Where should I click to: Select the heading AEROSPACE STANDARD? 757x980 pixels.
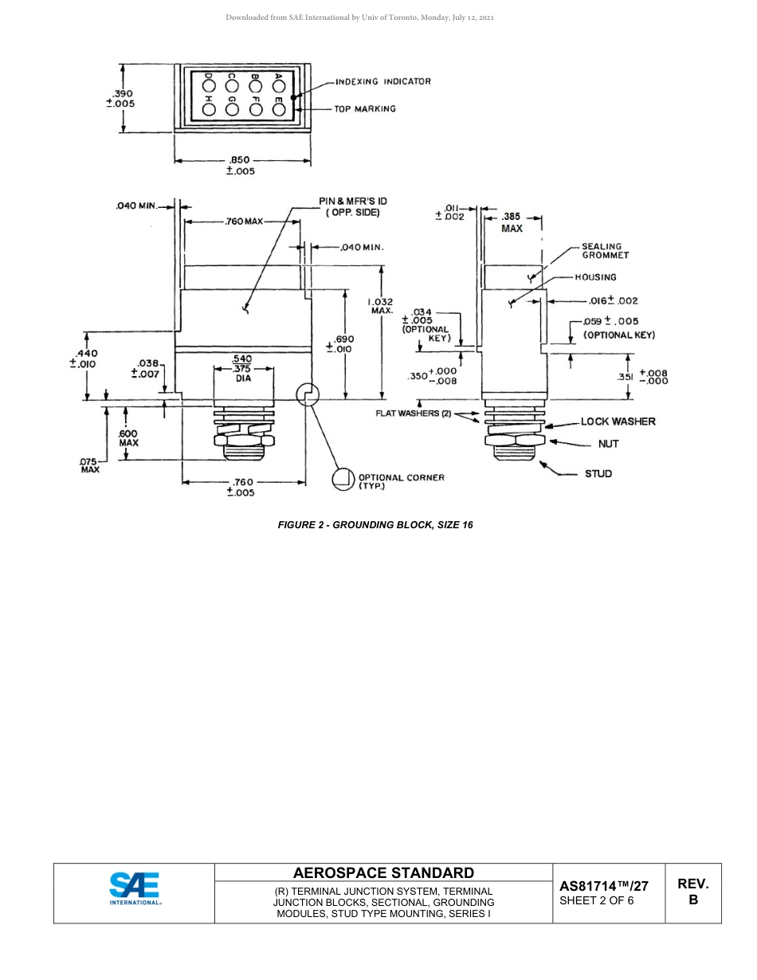coord(383,873)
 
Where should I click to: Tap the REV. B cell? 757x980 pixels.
coord(692,892)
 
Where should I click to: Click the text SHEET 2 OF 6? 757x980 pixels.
coord(597,901)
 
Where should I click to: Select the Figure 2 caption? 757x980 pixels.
coord(375,525)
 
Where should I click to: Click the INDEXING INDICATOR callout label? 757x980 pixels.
coord(383,81)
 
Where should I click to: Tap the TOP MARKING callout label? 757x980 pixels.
coord(365,108)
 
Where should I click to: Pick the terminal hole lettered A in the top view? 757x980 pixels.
coord(278,82)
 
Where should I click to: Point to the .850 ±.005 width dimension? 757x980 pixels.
coord(241,166)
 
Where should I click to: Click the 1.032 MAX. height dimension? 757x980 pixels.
coord(380,306)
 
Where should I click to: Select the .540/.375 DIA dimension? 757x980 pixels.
coord(242,368)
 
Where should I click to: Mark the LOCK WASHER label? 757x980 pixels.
coord(618,421)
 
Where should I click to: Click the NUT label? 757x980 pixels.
coord(609,444)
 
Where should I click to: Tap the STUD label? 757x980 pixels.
coord(598,473)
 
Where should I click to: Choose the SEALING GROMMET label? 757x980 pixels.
coord(605,251)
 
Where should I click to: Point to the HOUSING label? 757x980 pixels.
coord(595,277)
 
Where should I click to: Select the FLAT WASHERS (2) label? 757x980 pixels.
coord(414,413)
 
